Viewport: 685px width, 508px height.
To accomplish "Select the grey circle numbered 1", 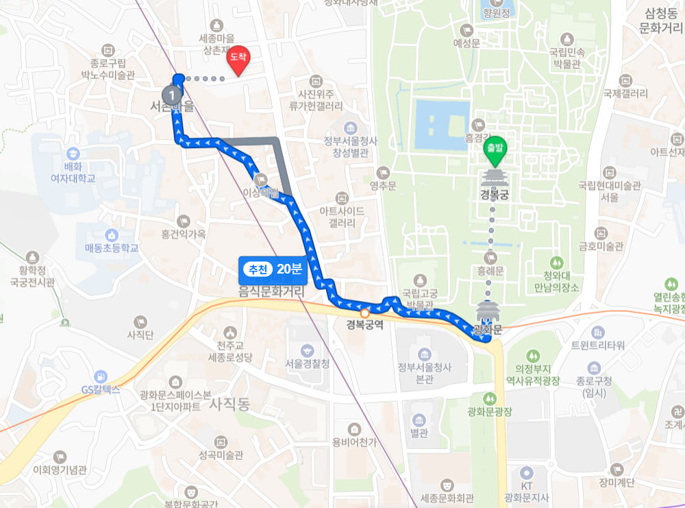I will point(173,95).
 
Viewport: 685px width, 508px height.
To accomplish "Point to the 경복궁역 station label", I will point(364,325).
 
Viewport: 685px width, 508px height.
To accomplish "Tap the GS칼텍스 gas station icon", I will point(101,376).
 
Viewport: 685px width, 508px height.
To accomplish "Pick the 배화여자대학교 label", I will point(73,173).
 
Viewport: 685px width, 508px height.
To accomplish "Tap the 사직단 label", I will point(141,335).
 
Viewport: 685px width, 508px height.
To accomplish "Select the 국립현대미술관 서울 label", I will point(609,191).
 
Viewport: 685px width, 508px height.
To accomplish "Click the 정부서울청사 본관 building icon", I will point(424,354).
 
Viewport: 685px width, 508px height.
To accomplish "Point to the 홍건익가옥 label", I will point(183,234).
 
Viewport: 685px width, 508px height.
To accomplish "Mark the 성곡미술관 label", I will point(221,455).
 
